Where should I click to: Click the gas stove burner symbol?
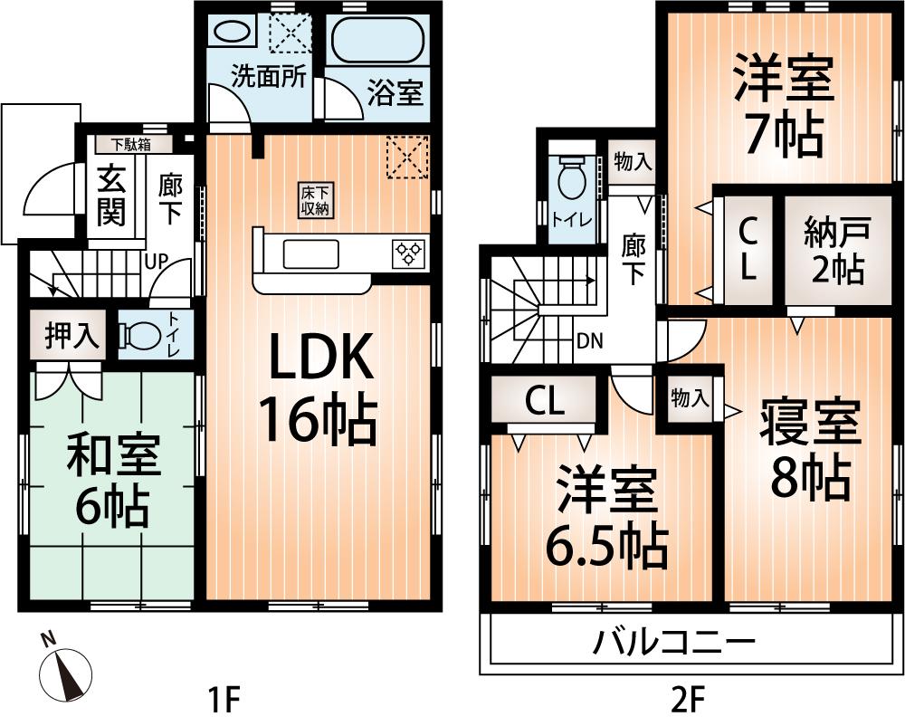(409, 253)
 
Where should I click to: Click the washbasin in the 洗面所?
(230, 32)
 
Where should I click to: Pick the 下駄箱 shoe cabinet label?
(130, 144)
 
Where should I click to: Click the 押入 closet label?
(71, 336)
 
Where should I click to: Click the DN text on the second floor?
(590, 341)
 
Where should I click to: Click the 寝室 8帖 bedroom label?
(809, 450)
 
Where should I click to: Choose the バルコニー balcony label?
(674, 644)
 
